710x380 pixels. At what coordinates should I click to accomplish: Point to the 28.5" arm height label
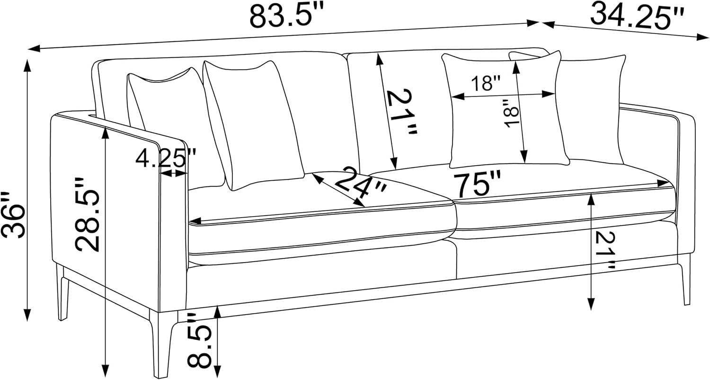88,214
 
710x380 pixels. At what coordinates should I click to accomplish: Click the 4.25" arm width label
166,159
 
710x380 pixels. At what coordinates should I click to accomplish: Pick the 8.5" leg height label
200,340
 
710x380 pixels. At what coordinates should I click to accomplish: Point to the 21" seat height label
606,250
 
